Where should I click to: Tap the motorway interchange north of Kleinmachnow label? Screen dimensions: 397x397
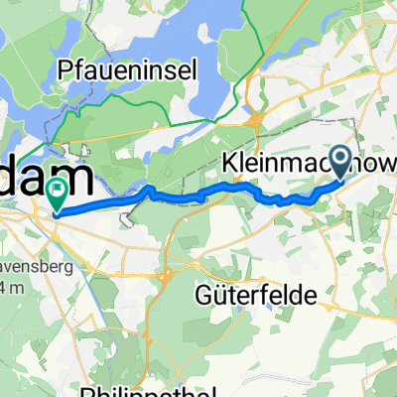(257, 120)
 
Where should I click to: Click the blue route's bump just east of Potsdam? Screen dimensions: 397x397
(148, 189)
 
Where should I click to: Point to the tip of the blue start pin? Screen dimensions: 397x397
(341, 178)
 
